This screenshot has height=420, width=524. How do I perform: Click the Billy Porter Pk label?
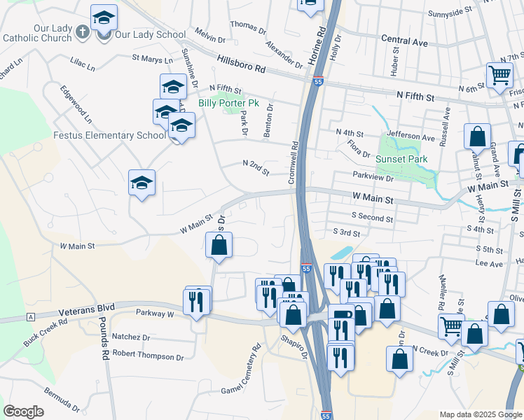228,103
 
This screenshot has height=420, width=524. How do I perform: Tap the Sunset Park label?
401,159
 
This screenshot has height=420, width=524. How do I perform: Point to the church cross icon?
83,31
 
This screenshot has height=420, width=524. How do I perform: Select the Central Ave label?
404,42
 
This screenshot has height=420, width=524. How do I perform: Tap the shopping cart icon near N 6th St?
499,75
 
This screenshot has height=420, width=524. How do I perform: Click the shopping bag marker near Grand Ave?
477,136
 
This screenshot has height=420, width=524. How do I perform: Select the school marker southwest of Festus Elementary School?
142,183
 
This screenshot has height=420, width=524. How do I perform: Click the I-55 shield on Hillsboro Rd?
317,82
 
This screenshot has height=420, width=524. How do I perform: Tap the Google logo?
23,412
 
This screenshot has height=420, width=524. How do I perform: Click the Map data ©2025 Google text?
481,414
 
